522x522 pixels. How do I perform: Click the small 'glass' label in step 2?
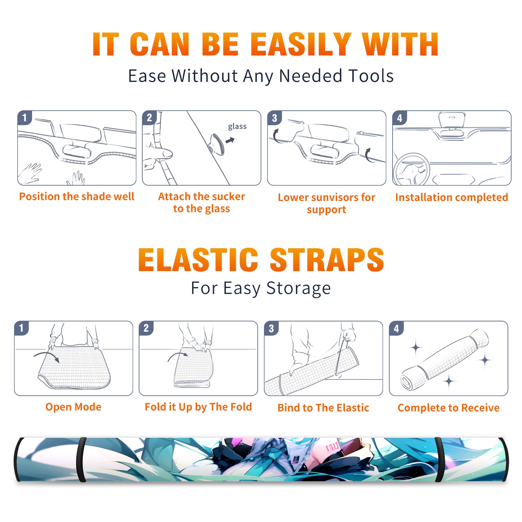[x=237, y=127]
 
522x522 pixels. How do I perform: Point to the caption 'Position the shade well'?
[x=77, y=196]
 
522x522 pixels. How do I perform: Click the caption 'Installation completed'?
[x=452, y=197]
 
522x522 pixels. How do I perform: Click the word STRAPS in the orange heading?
[x=327, y=260]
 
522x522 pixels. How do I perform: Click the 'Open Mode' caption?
[x=73, y=407]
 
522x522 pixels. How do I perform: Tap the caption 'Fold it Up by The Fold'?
[x=198, y=407]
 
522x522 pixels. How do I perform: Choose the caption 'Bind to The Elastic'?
[x=323, y=408]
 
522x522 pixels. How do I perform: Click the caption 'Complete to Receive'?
[x=449, y=408]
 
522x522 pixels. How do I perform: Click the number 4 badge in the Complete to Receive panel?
[x=396, y=328]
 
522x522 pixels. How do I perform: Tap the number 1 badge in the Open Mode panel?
[x=22, y=328]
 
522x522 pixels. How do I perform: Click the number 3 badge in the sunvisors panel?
[x=274, y=118]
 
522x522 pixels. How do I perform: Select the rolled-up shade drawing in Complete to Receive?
[x=445, y=360]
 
